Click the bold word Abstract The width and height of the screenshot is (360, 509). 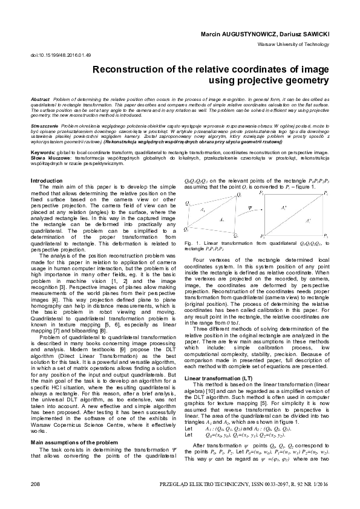point(40,98)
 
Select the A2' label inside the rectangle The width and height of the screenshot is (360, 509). point(310,221)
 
